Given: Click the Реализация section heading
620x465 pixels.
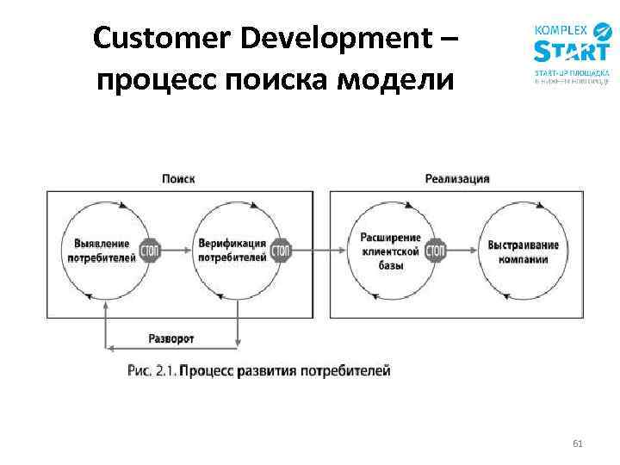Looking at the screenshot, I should (457, 179).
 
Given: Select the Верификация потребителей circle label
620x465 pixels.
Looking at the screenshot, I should (232, 250).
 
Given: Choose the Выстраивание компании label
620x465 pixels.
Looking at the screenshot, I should (523, 251).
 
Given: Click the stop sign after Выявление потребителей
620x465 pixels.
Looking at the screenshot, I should (151, 251).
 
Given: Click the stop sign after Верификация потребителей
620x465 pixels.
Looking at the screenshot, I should (281, 251).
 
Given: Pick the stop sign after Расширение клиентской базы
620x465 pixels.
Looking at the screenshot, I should (436, 251).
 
